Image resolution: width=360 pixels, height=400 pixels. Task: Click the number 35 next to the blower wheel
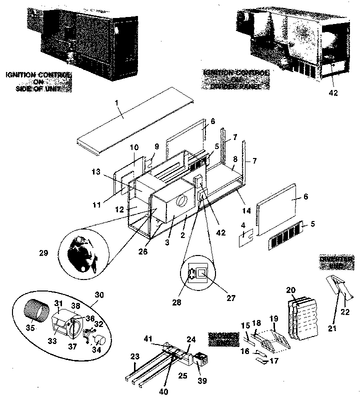tap(30, 328)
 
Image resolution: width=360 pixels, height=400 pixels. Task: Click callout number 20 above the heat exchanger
tap(291, 289)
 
